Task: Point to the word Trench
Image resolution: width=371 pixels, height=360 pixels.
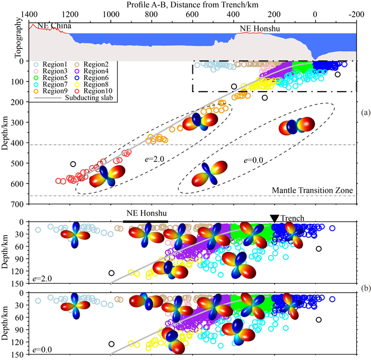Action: pyautogui.click(x=292, y=218)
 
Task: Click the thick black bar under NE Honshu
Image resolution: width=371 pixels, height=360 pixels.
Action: pyautogui.click(x=145, y=222)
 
